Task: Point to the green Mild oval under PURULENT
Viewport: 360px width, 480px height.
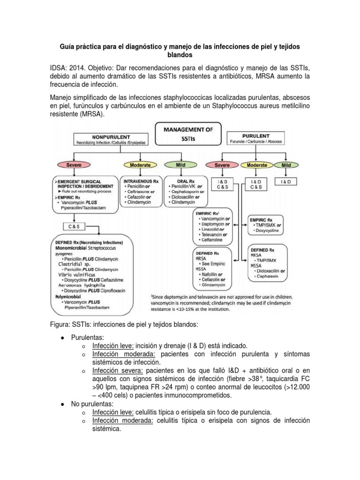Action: [286, 165]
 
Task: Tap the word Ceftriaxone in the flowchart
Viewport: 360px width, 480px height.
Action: [139, 192]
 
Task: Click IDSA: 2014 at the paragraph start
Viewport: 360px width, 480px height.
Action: [67, 67]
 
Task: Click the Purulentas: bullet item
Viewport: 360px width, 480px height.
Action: [87, 337]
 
